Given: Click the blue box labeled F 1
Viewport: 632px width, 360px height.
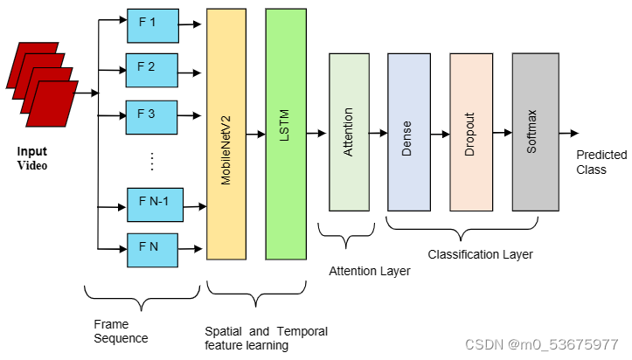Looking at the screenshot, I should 153,25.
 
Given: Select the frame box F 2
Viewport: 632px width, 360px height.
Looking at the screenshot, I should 153,68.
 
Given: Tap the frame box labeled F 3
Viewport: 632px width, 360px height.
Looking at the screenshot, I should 153,115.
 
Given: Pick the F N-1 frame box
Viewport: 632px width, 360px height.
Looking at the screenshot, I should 154,202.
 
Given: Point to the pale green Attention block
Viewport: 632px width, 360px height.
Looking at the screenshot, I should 349,131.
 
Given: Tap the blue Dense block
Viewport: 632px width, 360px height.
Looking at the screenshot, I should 407,131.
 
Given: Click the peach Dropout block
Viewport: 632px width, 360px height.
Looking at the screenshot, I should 470,131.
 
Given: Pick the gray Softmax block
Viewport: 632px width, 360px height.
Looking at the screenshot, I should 534,131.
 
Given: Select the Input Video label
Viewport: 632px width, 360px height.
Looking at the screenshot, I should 32,158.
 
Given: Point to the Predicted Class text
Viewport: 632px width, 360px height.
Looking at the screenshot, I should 601,162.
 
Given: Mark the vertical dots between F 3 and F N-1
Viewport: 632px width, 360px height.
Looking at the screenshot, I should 151,160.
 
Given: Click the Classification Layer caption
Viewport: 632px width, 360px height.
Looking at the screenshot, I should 480,254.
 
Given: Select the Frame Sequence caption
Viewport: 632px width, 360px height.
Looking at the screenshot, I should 121,330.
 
